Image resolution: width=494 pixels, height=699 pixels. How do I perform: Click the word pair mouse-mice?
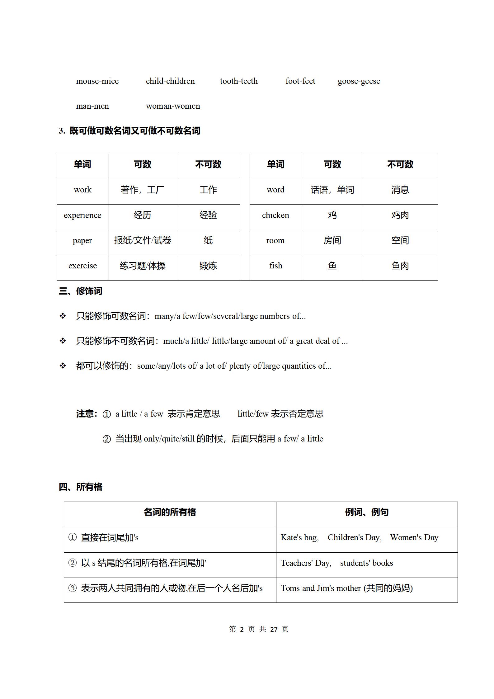97,81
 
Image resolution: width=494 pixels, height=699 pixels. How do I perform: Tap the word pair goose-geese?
359,81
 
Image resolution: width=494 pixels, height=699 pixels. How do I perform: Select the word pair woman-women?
173,106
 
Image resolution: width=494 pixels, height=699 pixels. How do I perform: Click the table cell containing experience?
82,215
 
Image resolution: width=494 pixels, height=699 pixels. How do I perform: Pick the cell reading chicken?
275,215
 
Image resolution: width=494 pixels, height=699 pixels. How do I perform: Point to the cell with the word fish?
275,266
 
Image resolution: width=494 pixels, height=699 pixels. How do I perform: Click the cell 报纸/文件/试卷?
143,241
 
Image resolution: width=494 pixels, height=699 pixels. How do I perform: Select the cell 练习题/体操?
143,266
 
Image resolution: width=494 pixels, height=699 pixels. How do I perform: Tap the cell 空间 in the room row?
400,241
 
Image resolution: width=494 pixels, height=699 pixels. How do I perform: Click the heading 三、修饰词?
81,291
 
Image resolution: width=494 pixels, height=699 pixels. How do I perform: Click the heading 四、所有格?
81,487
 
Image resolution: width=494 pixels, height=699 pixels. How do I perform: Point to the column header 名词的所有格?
170,512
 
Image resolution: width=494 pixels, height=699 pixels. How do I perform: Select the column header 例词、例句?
366,512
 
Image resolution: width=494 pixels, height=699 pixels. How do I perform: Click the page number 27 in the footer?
274,629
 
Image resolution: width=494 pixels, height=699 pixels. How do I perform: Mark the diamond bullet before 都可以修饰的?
63,366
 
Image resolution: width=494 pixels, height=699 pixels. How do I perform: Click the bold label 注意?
87,414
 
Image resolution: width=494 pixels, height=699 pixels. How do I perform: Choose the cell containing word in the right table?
275,190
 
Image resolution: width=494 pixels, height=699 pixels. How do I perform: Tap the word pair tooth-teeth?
239,81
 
